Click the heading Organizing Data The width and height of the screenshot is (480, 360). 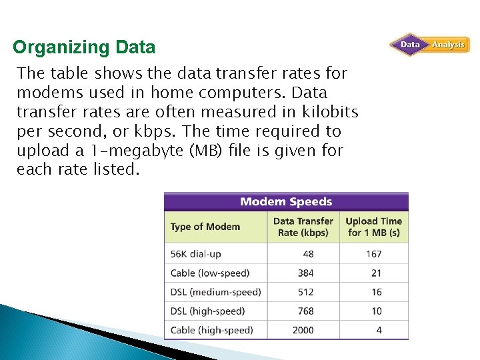pyautogui.click(x=84, y=48)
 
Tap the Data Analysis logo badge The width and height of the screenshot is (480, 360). pyautogui.click(x=429, y=45)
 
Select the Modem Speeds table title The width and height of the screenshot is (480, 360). pyautogui.click(x=286, y=201)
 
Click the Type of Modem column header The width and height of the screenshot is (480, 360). pyautogui.click(x=205, y=227)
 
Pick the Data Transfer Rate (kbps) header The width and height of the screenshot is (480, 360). pyautogui.click(x=303, y=227)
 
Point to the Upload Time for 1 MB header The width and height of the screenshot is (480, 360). pyautogui.click(x=374, y=227)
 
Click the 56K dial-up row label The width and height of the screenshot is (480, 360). pyautogui.click(x=195, y=254)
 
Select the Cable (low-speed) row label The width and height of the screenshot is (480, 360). pyautogui.click(x=210, y=273)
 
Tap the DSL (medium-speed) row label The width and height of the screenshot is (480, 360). pyautogui.click(x=215, y=292)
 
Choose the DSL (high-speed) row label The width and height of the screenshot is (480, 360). pyautogui.click(x=207, y=311)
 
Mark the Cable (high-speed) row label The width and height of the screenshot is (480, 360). pyautogui.click(x=211, y=330)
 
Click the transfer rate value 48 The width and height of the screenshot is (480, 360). pyautogui.click(x=308, y=254)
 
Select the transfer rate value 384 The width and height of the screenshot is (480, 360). pyautogui.click(x=306, y=273)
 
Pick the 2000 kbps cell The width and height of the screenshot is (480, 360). pyautogui.click(x=303, y=330)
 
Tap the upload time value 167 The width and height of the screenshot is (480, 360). pyautogui.click(x=374, y=254)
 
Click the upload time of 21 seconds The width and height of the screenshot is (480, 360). pyautogui.click(x=377, y=273)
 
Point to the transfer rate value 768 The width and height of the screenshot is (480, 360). pyautogui.click(x=306, y=311)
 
